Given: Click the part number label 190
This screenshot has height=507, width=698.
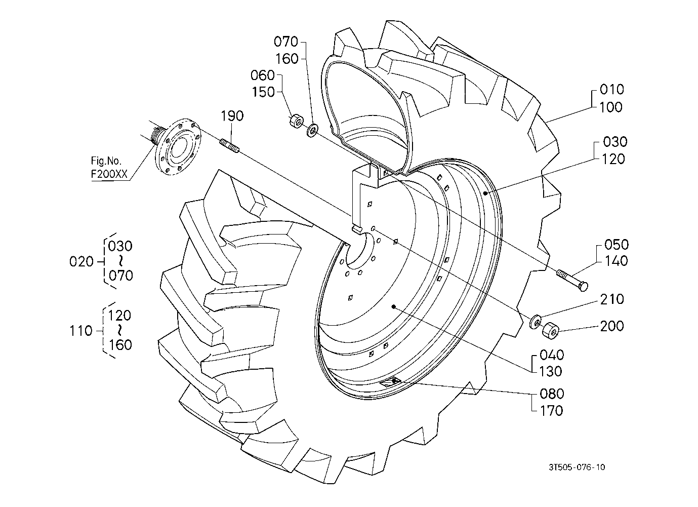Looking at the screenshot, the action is [232, 116].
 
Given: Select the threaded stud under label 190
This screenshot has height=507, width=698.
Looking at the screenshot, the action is [230, 146].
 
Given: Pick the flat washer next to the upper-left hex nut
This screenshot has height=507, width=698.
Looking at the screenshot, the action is [312, 130].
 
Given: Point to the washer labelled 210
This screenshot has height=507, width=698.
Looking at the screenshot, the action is [536, 322].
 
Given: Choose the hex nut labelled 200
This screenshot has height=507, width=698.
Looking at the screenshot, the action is [550, 331].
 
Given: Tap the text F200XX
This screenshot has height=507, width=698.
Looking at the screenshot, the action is [109, 174].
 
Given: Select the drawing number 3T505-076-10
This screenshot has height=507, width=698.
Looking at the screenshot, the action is [577, 467].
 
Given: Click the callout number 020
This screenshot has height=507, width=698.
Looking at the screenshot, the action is [81, 262].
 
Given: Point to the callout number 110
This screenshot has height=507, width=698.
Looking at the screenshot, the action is [80, 331].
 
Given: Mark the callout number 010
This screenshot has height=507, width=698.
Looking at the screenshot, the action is [611, 90].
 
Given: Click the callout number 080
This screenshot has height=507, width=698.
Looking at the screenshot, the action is [552, 394].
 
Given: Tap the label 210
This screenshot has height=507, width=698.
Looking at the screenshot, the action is [612, 299].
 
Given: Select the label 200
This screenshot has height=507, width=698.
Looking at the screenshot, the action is [612, 326].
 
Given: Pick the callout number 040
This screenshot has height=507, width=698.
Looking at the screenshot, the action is [552, 355].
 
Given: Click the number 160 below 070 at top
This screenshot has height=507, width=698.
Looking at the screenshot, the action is [286, 59].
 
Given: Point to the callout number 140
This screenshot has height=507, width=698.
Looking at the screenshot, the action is [616, 261].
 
